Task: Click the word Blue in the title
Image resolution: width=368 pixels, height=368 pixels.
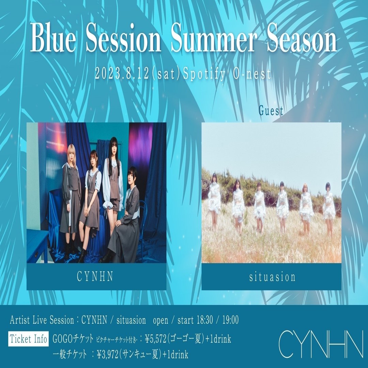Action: [53, 38]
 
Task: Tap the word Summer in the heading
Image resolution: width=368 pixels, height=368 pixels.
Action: [213, 38]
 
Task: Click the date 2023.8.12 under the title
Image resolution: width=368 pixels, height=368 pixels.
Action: [122, 74]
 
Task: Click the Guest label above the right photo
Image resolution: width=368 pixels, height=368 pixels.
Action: [271, 111]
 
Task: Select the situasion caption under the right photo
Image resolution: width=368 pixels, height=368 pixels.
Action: [272, 277]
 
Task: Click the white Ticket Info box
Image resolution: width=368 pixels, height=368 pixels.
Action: [28, 339]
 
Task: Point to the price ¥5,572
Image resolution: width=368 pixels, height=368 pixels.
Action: [155, 339]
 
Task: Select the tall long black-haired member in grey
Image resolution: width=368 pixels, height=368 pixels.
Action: [113, 188]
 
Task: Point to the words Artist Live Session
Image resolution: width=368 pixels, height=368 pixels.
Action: [42, 320]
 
